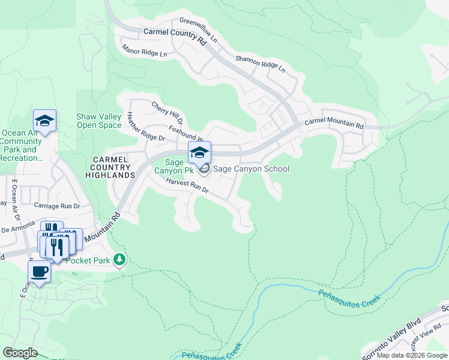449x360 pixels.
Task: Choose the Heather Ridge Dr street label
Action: coord(145,128)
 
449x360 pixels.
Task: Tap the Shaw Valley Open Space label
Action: coord(98,121)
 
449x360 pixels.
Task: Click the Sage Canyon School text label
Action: coord(252,169)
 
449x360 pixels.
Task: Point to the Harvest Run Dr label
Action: coord(187,186)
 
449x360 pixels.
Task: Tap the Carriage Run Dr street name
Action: coord(57,206)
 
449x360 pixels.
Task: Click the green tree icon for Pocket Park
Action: coord(121,259)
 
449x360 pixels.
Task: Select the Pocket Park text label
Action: coord(89,260)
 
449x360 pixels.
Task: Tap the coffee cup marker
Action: coord(39,271)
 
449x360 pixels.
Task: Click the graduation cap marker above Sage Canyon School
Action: coord(200,152)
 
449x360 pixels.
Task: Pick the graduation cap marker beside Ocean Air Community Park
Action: coord(44,121)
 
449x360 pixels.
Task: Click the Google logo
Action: coord(20,353)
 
